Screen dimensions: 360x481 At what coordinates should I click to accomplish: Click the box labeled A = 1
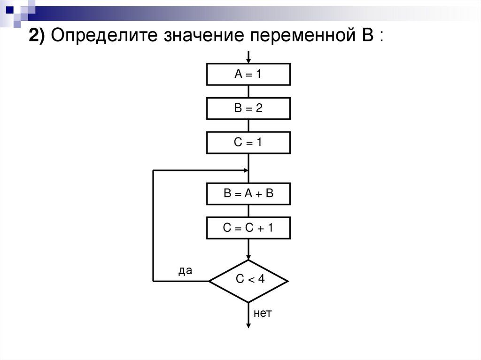248,75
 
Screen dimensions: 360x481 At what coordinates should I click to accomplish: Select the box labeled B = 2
248,108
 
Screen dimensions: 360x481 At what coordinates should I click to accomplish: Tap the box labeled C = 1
248,142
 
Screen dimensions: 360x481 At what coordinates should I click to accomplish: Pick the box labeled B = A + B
248,194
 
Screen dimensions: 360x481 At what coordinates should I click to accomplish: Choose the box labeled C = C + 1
248,229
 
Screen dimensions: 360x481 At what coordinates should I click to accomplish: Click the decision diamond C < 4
248,281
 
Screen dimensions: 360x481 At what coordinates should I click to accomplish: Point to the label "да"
185,271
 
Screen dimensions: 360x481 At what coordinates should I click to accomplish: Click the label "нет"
263,313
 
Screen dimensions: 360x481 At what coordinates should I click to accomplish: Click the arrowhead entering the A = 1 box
248,61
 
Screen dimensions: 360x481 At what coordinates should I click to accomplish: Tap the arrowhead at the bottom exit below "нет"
248,324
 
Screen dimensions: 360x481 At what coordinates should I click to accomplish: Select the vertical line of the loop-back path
153,225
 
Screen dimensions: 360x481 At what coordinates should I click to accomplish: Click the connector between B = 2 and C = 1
248,126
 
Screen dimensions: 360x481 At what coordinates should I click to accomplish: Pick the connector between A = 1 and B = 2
248,92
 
